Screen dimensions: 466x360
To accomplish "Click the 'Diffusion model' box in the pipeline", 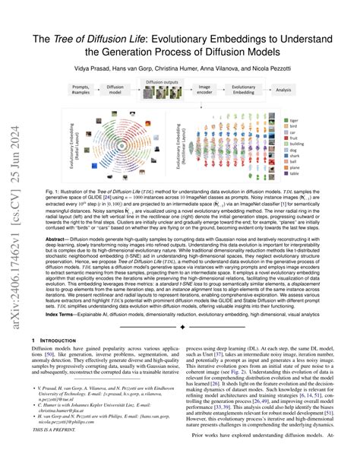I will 115,90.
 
